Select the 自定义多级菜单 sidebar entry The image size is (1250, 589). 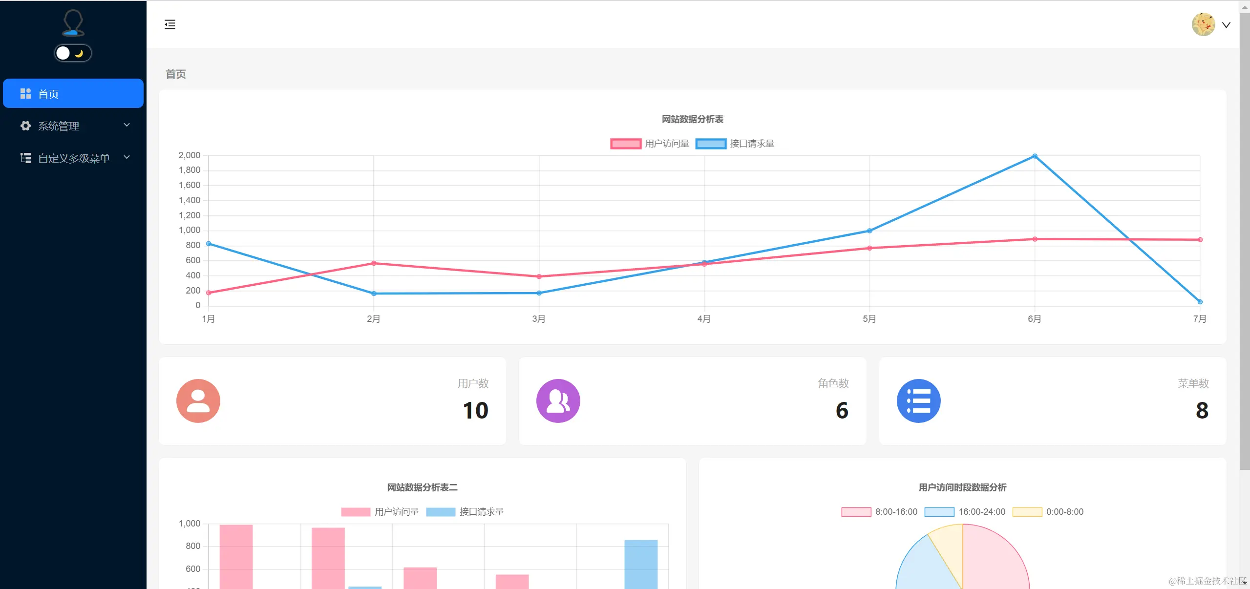tap(73, 158)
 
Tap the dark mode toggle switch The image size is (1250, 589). tap(73, 53)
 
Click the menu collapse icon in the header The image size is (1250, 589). tap(169, 24)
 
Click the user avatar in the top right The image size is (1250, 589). tap(1203, 24)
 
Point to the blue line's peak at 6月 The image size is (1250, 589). tap(1035, 156)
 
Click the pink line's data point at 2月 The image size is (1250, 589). tap(374, 263)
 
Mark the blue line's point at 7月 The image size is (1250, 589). tap(1200, 302)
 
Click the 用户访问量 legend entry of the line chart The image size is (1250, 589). tap(650, 144)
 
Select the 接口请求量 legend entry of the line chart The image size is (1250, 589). tap(735, 144)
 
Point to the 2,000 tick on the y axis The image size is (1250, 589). tap(190, 155)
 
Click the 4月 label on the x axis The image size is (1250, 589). tap(704, 319)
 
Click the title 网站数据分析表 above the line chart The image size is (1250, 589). tap(692, 119)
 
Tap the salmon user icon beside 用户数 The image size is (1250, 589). tap(198, 401)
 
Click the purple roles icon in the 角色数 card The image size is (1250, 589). tap(558, 401)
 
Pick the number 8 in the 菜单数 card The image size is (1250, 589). tap(1202, 410)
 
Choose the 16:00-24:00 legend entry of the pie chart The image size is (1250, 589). tap(965, 512)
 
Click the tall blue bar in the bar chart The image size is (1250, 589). tap(640, 564)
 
